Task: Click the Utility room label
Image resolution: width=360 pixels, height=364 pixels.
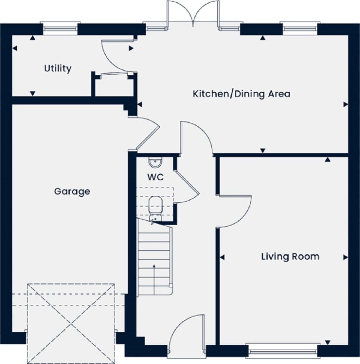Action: click(x=58, y=68)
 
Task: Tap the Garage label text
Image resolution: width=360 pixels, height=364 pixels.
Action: click(x=72, y=191)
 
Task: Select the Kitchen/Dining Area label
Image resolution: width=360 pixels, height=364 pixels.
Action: click(x=242, y=94)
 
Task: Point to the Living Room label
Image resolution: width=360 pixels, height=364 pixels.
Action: click(x=290, y=256)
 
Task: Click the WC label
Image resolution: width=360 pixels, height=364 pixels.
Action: click(x=155, y=177)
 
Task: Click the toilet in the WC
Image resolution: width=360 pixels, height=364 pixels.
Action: click(x=155, y=207)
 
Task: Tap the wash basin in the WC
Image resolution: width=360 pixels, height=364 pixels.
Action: click(x=155, y=163)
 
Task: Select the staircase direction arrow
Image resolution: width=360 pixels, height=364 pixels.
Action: click(x=154, y=274)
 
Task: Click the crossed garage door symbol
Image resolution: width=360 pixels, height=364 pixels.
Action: click(x=71, y=323)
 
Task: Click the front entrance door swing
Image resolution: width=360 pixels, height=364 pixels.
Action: click(x=186, y=332)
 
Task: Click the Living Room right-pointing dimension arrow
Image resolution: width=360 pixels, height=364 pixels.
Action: click(x=345, y=258)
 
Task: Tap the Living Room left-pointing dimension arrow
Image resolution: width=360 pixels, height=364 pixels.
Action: click(x=222, y=258)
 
